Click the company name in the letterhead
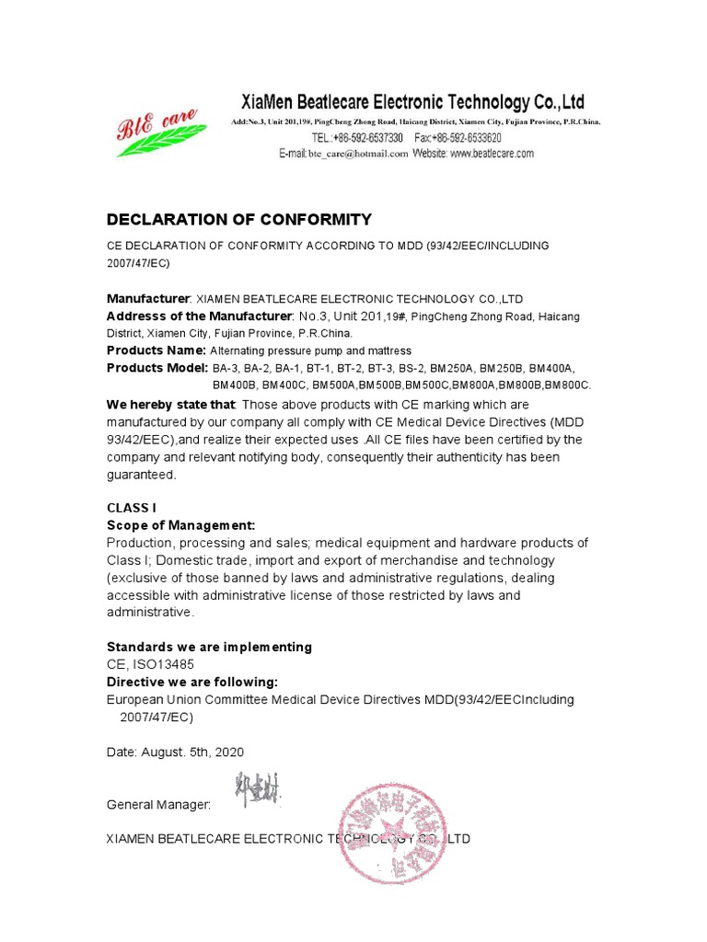tap(412, 102)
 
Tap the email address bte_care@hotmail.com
tap(358, 155)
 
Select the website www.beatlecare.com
tap(492, 155)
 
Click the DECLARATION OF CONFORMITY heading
tap(238, 219)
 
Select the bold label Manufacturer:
tap(148, 299)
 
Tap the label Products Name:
tap(156, 350)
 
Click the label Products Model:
tap(157, 368)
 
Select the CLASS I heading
tap(132, 508)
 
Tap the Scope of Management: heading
tap(180, 525)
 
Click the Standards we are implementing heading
tap(209, 647)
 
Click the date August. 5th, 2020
tap(192, 752)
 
